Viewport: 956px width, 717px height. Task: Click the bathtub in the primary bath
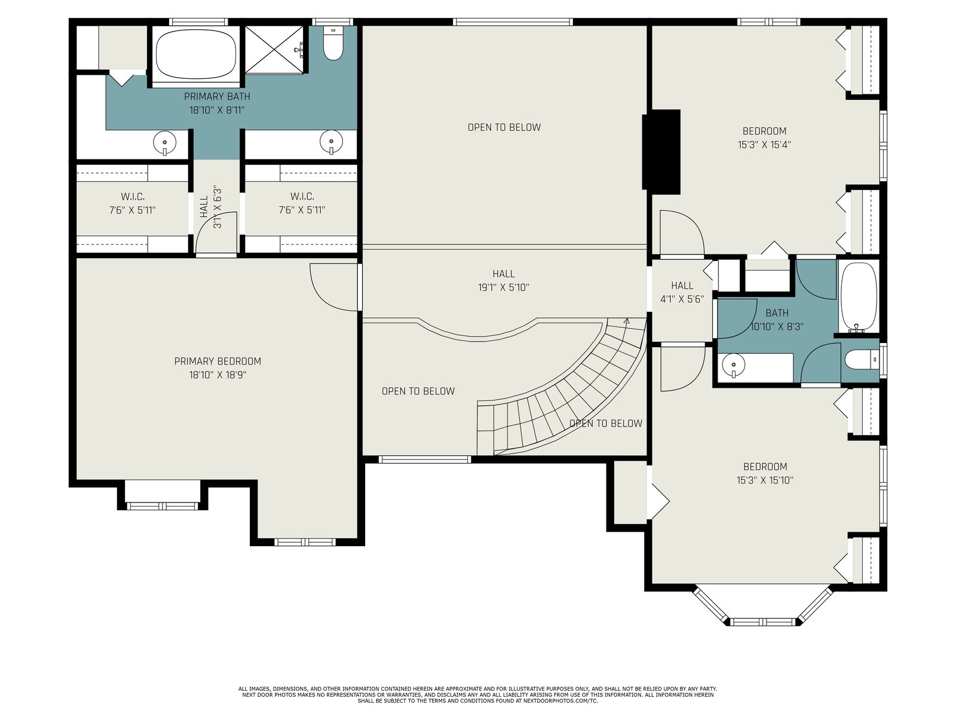(x=195, y=54)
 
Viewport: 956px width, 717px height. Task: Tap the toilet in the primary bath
(x=333, y=42)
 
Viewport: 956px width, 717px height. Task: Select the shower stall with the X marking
(x=274, y=50)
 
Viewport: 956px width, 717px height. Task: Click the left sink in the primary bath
(x=165, y=142)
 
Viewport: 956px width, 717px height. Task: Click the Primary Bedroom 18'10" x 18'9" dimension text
(x=217, y=375)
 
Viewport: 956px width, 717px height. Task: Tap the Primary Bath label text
(x=217, y=96)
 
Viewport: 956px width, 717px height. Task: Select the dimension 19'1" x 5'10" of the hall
(x=504, y=287)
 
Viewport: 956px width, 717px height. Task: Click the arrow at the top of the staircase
(x=627, y=321)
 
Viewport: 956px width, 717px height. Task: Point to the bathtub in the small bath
(x=859, y=298)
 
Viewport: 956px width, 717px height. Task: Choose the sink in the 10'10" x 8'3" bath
(x=734, y=365)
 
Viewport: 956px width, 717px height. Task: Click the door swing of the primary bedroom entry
(x=327, y=296)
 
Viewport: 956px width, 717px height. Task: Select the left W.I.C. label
(x=133, y=197)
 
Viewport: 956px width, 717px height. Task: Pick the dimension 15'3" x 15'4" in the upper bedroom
(x=764, y=145)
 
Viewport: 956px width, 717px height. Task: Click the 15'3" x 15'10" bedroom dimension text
(x=765, y=480)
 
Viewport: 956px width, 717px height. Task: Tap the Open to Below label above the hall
(x=504, y=127)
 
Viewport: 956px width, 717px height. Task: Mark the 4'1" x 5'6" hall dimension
(x=682, y=299)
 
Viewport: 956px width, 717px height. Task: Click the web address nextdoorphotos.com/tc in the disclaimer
(x=560, y=701)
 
